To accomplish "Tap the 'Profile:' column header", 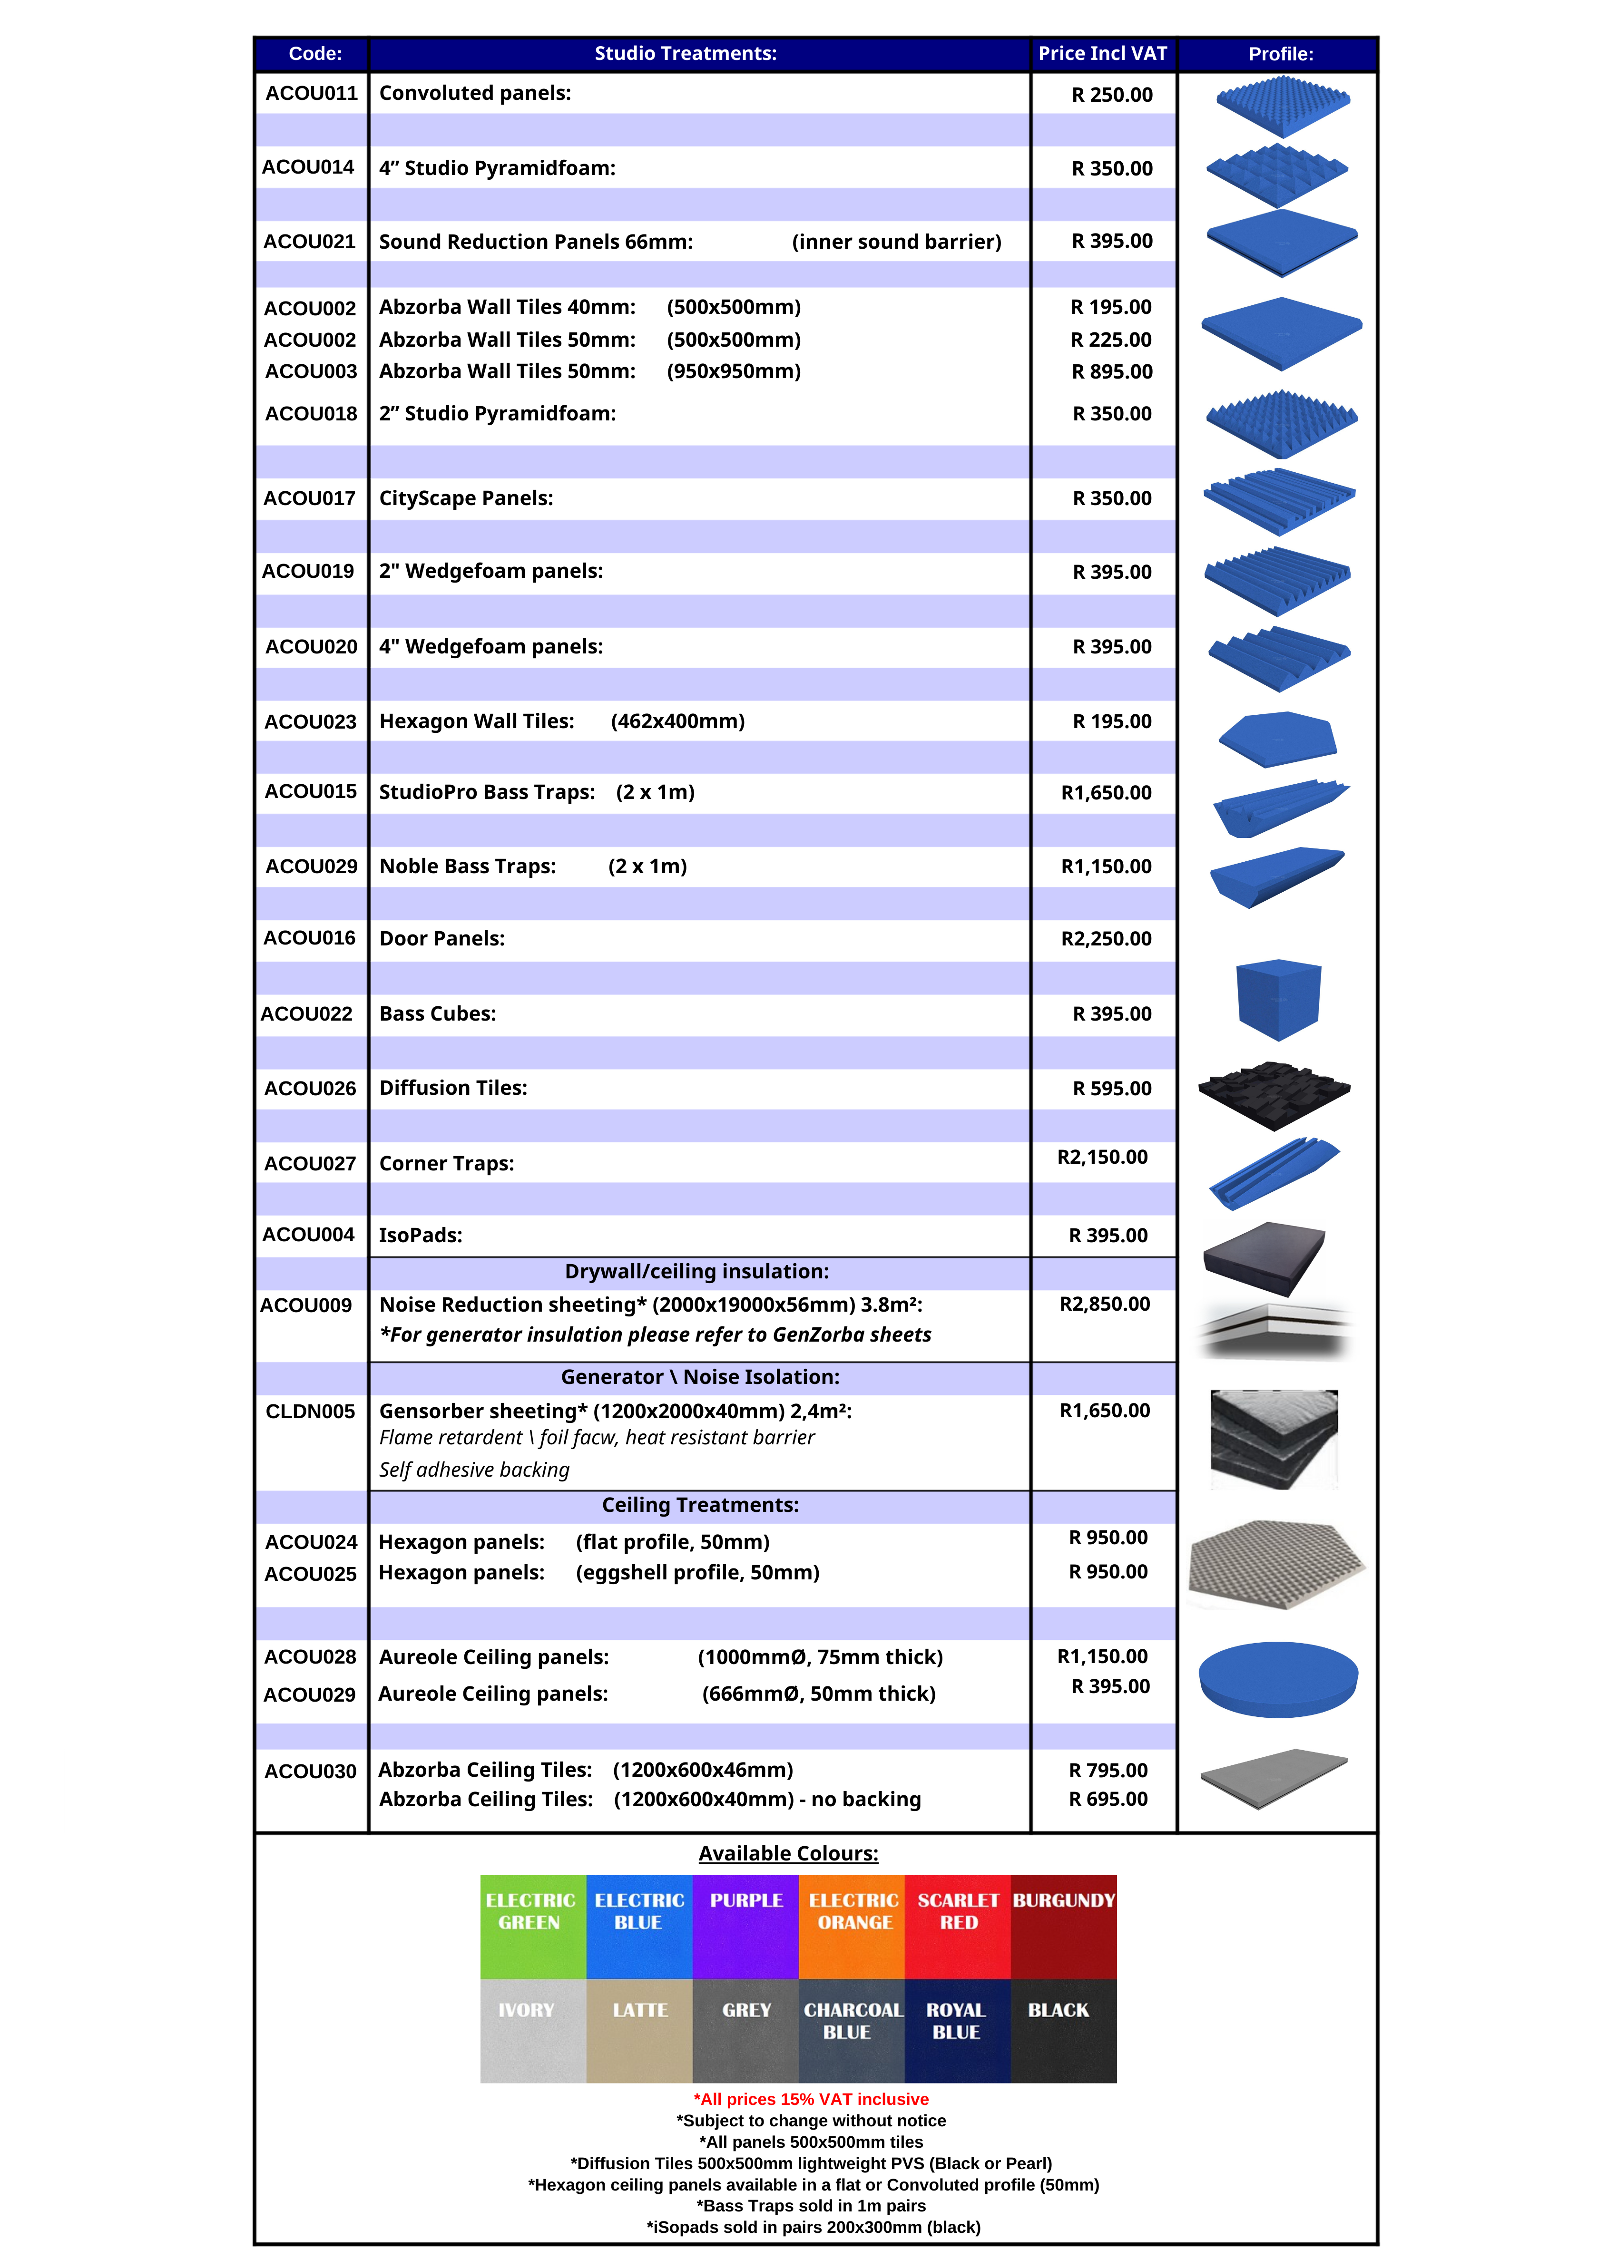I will click(x=1280, y=54).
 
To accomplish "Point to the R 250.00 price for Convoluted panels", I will click(x=1112, y=96).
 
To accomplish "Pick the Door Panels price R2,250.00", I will click(x=1106, y=939).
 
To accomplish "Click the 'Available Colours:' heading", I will click(x=788, y=1854).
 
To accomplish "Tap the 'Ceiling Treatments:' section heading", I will click(x=700, y=1505).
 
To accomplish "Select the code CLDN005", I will click(x=310, y=1412).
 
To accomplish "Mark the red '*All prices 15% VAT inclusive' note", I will click(x=811, y=2100).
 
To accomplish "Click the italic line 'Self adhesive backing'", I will click(x=474, y=1470).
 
